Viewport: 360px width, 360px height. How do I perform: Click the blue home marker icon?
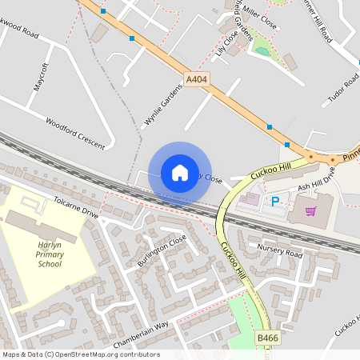(x=179, y=173)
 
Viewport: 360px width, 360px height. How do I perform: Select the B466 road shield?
(x=268, y=340)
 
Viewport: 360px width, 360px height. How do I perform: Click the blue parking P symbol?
(x=276, y=202)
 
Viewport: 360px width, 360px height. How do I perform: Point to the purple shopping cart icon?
(x=310, y=211)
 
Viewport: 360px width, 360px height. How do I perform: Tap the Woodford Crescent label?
(x=75, y=134)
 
